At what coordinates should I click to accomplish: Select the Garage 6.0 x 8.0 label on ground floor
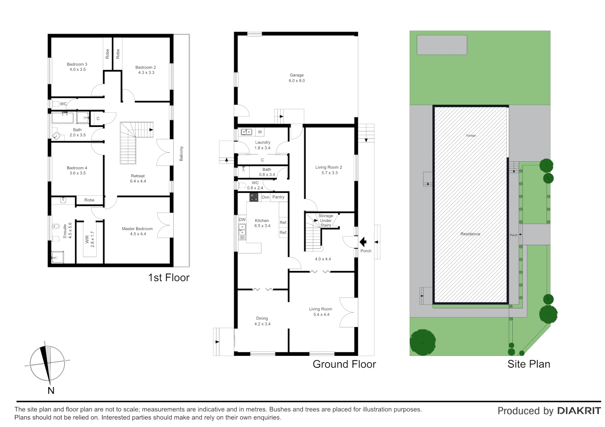tap(297, 78)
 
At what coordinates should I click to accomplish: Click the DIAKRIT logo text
tap(578, 411)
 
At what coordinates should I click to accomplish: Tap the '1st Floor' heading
tap(169, 278)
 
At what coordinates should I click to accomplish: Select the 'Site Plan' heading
tap(529, 364)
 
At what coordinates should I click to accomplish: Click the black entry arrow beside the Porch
tap(362, 242)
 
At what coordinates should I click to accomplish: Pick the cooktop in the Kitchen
tap(254, 197)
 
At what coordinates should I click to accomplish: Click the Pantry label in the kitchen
tap(278, 197)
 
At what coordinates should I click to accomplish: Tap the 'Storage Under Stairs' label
tap(326, 220)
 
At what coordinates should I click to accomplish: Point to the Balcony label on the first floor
tap(181, 153)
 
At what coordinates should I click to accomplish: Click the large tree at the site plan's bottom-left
tap(423, 342)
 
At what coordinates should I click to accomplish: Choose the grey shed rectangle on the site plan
tap(442, 45)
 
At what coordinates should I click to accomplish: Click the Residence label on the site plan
tap(470, 234)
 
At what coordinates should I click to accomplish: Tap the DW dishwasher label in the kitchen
tap(242, 219)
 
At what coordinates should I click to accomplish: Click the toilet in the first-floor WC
tap(55, 104)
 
